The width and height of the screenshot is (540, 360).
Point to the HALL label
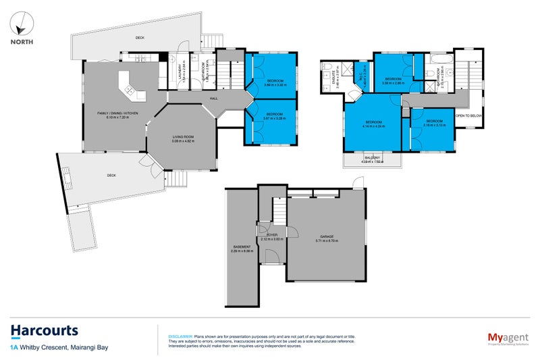click(x=213, y=99)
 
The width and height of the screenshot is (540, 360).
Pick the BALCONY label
click(x=372, y=157)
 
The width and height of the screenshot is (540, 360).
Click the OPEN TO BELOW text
click(x=470, y=115)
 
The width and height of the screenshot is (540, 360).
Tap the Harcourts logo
click(x=45, y=331)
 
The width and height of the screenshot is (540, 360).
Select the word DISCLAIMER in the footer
click(x=180, y=336)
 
